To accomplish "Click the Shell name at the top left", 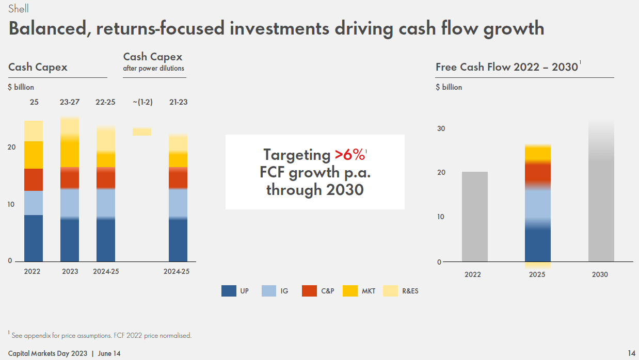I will coord(19,8).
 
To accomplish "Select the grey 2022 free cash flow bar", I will coord(474,217).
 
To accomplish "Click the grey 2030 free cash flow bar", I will coord(601,196).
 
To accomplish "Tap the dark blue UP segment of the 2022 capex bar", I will coord(34,238).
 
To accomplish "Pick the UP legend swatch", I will coord(229,291).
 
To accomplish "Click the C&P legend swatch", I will coord(309,291).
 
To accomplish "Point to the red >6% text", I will coord(349,155).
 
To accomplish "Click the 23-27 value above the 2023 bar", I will coord(69,102).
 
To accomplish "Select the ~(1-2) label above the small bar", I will coord(142,102).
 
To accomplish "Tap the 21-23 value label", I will coord(178,102).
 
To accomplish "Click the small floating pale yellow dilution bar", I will coord(142,132).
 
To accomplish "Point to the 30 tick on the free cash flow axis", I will coord(441,128).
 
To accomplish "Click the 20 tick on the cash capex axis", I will coord(12,147).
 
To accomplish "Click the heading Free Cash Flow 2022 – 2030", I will coord(506,67).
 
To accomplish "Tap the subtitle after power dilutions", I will coord(153,68).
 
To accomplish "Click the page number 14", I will coord(631,353).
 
